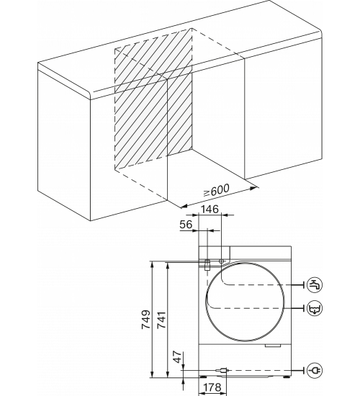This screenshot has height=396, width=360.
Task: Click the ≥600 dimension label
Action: [x=217, y=190]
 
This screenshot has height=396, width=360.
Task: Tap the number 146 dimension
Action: [x=210, y=209]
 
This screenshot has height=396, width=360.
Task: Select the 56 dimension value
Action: [x=186, y=224]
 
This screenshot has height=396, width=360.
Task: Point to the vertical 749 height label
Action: [x=145, y=320]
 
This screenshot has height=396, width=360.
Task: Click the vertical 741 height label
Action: [x=161, y=320]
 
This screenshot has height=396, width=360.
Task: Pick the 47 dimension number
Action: [x=178, y=356]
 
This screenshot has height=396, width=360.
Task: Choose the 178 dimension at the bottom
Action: [x=212, y=387]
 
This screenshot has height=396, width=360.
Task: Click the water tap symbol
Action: [x=315, y=284]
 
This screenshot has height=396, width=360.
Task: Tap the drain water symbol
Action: [x=315, y=308]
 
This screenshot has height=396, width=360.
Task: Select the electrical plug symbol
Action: [x=315, y=370]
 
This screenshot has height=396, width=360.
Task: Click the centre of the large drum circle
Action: [x=245, y=302]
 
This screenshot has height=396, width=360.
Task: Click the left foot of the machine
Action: [x=203, y=377]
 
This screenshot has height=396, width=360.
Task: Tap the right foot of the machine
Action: [x=287, y=377]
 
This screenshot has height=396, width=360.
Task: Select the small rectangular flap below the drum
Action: [x=273, y=345]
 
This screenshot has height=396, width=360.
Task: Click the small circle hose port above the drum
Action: [x=221, y=261]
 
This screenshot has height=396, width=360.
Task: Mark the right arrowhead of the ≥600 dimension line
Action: [x=254, y=188]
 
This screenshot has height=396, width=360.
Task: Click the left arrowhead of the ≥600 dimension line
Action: [x=184, y=206]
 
